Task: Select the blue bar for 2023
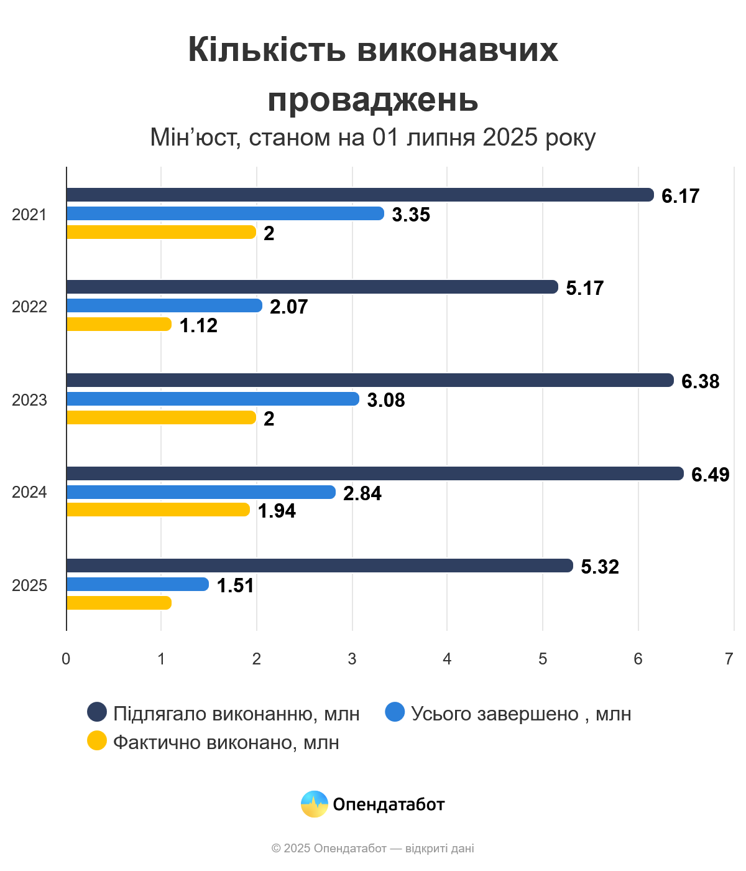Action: point(213,399)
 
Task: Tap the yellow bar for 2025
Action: point(118,603)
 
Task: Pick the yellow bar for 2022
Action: point(118,324)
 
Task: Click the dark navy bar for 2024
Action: point(374,473)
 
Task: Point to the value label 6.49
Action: point(710,475)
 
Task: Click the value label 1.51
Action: point(235,585)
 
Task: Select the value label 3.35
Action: point(411,215)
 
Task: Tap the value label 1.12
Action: point(198,325)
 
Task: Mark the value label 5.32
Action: point(600,567)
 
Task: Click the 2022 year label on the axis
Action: point(29,307)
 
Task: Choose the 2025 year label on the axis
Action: point(29,585)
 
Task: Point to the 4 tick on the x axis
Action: point(447,659)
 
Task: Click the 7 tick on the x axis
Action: point(729,659)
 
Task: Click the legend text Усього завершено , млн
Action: point(521,714)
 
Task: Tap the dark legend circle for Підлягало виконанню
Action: point(97,712)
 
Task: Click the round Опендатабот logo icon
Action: point(314,804)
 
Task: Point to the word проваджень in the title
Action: point(373,100)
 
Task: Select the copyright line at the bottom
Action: point(373,848)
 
